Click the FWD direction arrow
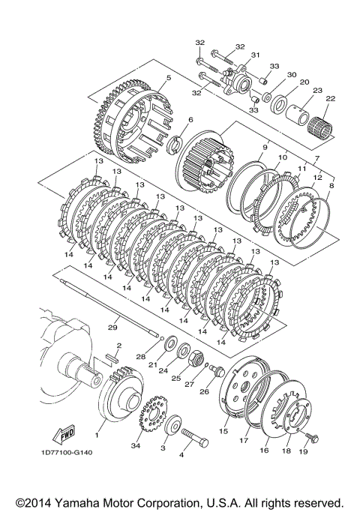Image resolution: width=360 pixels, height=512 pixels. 64,434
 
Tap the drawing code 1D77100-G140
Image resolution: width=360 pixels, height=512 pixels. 67,453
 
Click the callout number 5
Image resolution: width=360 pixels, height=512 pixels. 169,78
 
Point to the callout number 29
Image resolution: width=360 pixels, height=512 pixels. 112,327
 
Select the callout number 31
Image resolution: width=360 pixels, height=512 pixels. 255,55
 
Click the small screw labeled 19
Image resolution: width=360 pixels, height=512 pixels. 312,437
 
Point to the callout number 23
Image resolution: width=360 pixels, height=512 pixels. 317,91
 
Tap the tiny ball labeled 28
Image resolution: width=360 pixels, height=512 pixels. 160,338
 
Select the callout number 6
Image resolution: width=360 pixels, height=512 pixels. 190,120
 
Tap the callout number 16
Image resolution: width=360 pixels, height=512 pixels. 264,451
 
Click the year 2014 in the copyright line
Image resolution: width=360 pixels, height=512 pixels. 38,503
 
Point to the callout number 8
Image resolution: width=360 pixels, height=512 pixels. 332,185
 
